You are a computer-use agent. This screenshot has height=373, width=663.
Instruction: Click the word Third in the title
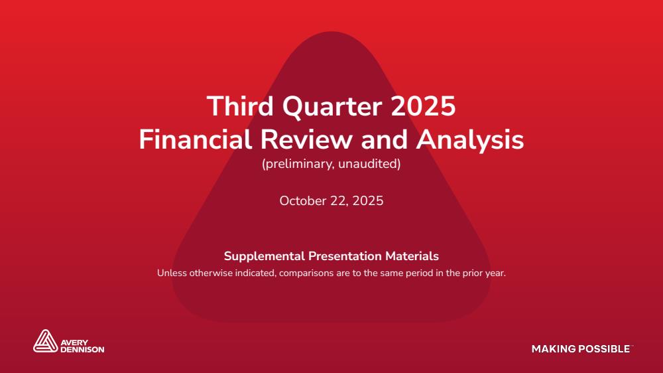pos(240,106)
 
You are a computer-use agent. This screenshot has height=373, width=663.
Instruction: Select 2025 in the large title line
pos(423,106)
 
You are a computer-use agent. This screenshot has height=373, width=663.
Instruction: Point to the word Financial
pos(196,139)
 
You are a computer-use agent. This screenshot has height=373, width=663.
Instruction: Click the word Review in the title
pos(306,139)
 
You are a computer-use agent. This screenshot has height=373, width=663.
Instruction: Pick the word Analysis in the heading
pos(470,140)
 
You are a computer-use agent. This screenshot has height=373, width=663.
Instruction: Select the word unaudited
pos(369,164)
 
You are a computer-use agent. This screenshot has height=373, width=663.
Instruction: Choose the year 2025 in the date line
pos(368,200)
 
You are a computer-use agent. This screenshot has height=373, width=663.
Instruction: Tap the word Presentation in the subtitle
pos(345,256)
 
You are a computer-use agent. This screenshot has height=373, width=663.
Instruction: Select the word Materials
pos(412,256)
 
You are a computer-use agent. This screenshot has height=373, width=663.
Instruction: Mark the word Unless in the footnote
pos(172,273)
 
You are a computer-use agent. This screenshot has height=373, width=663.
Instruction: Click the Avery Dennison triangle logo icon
pos(45,341)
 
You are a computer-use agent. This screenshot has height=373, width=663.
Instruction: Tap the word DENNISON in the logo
pos(82,350)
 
